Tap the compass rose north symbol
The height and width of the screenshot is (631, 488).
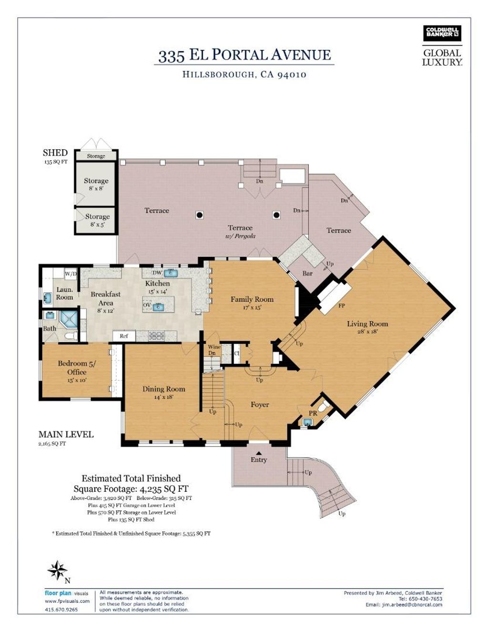pos(58,570)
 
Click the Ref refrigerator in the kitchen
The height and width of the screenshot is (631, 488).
pos(124,336)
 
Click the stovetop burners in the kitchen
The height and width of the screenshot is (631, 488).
pos(156,336)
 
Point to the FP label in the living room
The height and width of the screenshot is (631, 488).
pos(342,305)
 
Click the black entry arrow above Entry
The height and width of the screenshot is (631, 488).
pos(259,453)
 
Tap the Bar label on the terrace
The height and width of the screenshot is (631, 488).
pos(307,273)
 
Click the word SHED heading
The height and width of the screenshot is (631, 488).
pos(55,153)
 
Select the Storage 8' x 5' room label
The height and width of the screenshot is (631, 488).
pos(97,220)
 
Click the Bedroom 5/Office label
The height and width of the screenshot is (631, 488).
pos(77,371)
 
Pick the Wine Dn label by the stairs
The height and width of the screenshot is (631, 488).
pos(213,350)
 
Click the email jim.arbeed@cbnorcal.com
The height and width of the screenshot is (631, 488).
pos(404,605)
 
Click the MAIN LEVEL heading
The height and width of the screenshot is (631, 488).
pos(66,435)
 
